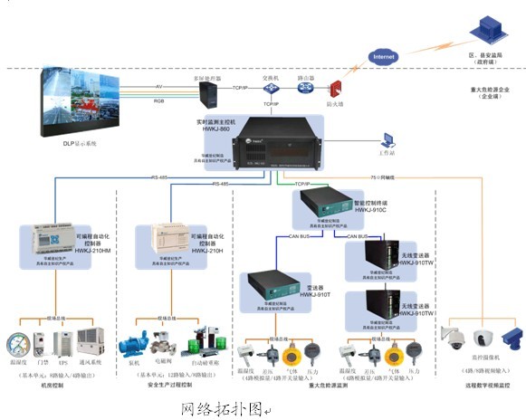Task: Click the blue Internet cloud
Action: [381, 56]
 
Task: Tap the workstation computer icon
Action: [388, 140]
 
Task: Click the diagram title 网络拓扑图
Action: [217, 408]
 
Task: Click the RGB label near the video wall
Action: [160, 102]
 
